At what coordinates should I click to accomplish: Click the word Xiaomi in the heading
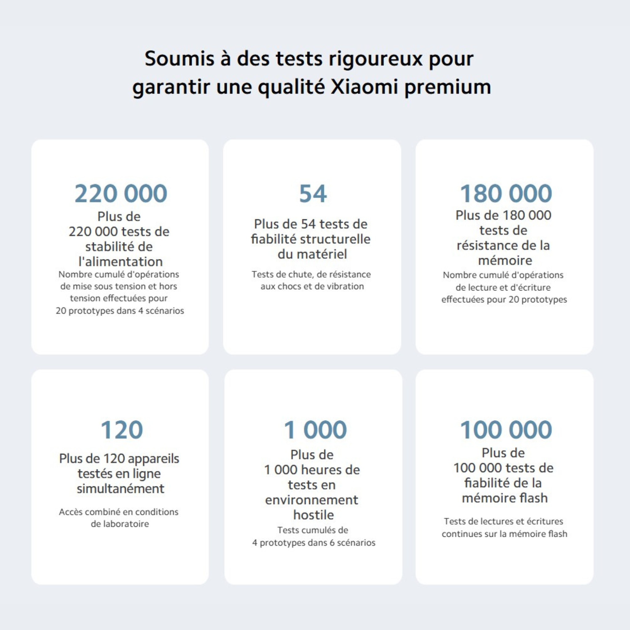pyautogui.click(x=364, y=87)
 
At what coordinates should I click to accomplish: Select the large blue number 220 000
pyautogui.click(x=121, y=194)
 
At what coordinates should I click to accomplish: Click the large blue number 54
pyautogui.click(x=313, y=194)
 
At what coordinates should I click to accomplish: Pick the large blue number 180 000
pyautogui.click(x=506, y=194)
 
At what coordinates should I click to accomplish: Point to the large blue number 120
pyautogui.click(x=121, y=430)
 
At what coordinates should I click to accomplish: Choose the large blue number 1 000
pyautogui.click(x=315, y=430)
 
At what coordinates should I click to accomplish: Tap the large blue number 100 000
pyautogui.click(x=506, y=430)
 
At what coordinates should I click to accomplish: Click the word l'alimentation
pyautogui.click(x=120, y=261)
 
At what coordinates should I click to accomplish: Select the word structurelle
pyautogui.click(x=335, y=239)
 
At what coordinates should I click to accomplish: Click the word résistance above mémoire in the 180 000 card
pyautogui.click(x=488, y=245)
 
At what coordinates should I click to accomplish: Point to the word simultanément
pyautogui.click(x=120, y=488)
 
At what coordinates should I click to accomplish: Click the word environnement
pyautogui.click(x=311, y=500)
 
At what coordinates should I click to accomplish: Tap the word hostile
pyautogui.click(x=313, y=515)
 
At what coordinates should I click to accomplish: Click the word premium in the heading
pyautogui.click(x=448, y=87)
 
